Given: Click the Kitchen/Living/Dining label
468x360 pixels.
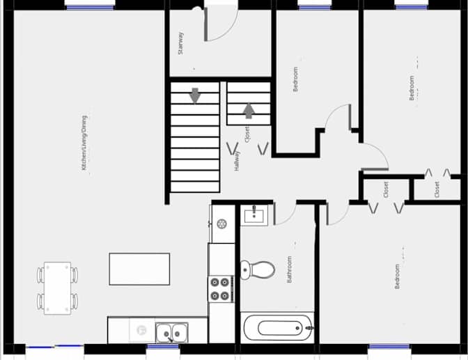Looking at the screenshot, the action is (x=84, y=143).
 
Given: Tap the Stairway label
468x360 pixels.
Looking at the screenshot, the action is (x=180, y=43).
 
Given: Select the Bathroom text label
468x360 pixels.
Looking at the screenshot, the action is (x=289, y=269).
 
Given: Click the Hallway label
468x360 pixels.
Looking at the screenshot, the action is (x=237, y=161).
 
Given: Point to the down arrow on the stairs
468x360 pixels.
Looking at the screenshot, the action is (x=195, y=95).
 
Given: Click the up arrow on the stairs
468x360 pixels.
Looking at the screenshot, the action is (x=249, y=111).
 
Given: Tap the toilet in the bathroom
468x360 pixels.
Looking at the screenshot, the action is (x=257, y=269).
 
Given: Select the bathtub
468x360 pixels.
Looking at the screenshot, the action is (x=278, y=328).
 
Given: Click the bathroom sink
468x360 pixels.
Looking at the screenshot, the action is (x=254, y=215).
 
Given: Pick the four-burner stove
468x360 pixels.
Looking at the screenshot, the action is (x=221, y=289).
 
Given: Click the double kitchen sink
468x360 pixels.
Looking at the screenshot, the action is (x=171, y=333).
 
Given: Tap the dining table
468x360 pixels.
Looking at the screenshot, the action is (x=58, y=288).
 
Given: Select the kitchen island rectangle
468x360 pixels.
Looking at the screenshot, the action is (x=139, y=269).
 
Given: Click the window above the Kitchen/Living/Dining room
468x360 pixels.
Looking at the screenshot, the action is (x=90, y=7).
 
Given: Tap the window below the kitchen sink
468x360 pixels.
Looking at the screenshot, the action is (x=163, y=347).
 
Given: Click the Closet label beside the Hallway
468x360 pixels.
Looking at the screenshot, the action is (x=247, y=134).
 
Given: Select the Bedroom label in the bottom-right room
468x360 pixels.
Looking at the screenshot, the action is (x=397, y=276).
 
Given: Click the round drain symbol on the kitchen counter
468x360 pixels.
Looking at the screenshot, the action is (x=221, y=224).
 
